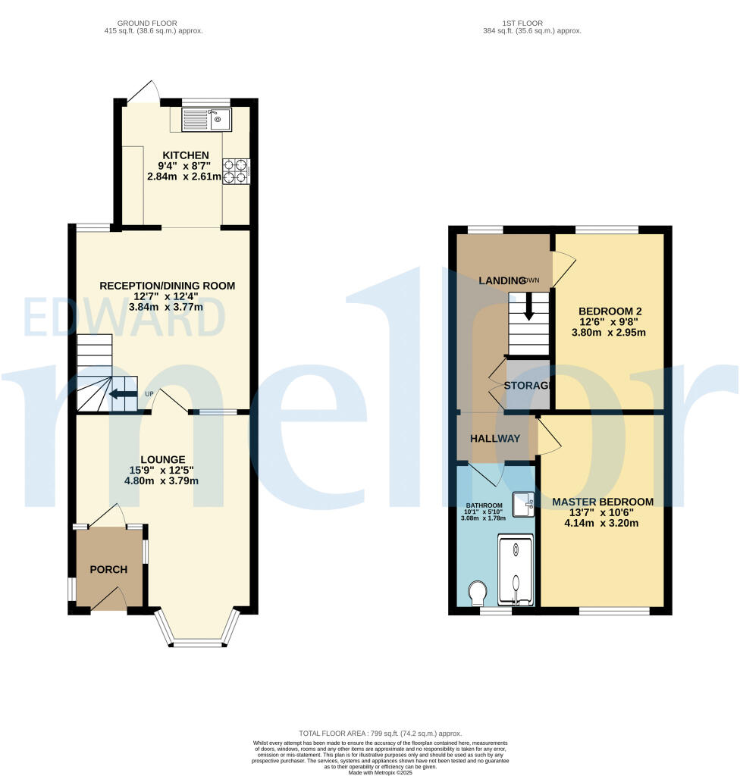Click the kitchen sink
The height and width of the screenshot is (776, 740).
[x=202, y=119]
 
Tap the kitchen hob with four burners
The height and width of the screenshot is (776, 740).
[x=236, y=171]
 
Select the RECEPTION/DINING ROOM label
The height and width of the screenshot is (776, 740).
[x=168, y=286]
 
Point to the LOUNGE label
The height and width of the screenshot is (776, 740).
[x=162, y=459]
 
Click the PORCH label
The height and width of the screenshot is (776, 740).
[x=109, y=570]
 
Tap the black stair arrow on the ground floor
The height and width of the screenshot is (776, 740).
[x=118, y=393]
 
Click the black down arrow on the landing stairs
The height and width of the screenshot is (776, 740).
[x=528, y=307]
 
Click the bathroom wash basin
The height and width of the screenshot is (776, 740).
[x=523, y=502]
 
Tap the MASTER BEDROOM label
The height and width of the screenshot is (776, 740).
[x=603, y=502]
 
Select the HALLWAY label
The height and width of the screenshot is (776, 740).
[x=495, y=439]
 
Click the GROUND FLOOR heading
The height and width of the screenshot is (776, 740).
[x=154, y=23]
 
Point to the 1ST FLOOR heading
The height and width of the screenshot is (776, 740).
[x=532, y=23]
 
